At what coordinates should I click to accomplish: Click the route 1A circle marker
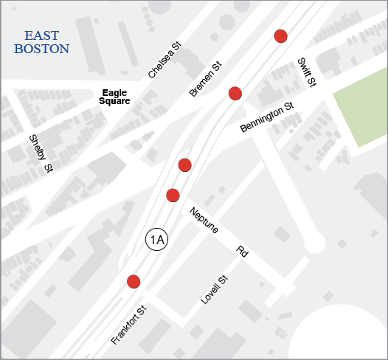pyautogui.click(x=156, y=239)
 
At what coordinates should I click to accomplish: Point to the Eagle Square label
pyautogui.click(x=115, y=97)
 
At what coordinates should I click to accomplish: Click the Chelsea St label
pyautogui.click(x=164, y=61)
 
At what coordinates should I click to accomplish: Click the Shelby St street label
pyautogui.click(x=41, y=153)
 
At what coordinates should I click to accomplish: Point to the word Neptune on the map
pyautogui.click(x=204, y=219)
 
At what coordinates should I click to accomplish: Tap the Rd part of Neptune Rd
pyautogui.click(x=241, y=250)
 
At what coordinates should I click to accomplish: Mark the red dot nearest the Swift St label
pyautogui.click(x=280, y=36)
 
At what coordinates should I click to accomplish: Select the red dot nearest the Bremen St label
pyautogui.click(x=235, y=93)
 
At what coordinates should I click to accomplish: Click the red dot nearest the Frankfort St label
pyautogui.click(x=134, y=281)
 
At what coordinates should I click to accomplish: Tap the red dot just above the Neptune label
pyautogui.click(x=173, y=195)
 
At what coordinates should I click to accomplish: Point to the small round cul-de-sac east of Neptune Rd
pyautogui.click(x=314, y=243)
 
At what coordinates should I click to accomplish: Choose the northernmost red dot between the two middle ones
pyautogui.click(x=185, y=164)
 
